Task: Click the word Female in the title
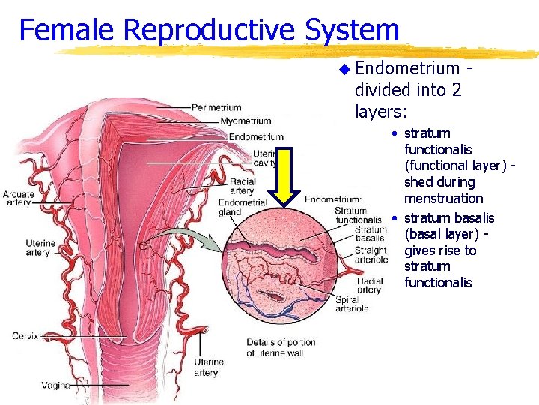(x=67, y=31)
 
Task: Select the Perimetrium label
(x=216, y=107)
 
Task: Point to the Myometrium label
(x=246, y=121)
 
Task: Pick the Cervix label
(x=25, y=336)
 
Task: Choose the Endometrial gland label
(x=243, y=207)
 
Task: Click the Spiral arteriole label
(x=352, y=304)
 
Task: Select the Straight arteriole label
(x=371, y=255)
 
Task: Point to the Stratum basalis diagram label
(x=371, y=233)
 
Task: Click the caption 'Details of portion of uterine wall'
(x=281, y=347)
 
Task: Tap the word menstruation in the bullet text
(x=444, y=199)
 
